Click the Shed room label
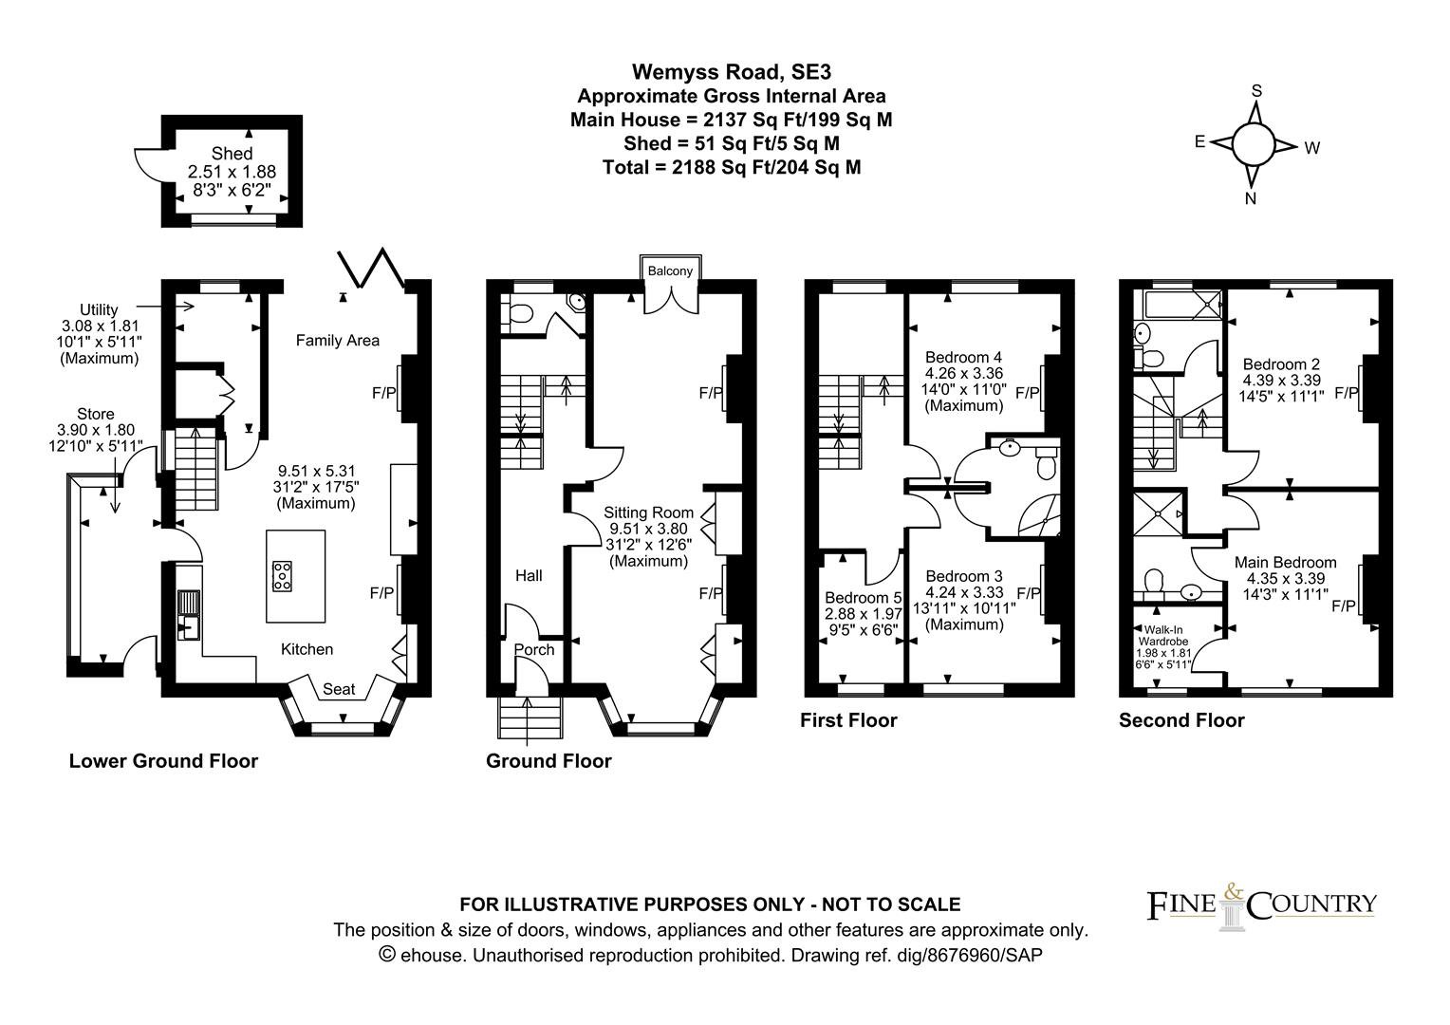[x=232, y=154]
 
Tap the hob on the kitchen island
[x=282, y=576]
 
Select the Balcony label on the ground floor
[x=670, y=270]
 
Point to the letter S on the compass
[x=1256, y=91]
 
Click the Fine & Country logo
[x=1261, y=907]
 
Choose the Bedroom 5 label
[x=863, y=598]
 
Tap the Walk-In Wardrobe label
[x=1163, y=635]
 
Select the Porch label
[x=534, y=649]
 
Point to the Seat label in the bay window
[x=339, y=689]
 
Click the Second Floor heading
[x=1181, y=720]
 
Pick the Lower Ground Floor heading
[x=163, y=760]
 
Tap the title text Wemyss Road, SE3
[x=732, y=71]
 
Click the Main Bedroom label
[x=1285, y=563]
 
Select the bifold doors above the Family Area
[x=371, y=268]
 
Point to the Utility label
[x=99, y=309]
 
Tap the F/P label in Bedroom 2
[x=1347, y=392]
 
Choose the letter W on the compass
[x=1311, y=148]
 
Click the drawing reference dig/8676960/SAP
[x=969, y=955]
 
